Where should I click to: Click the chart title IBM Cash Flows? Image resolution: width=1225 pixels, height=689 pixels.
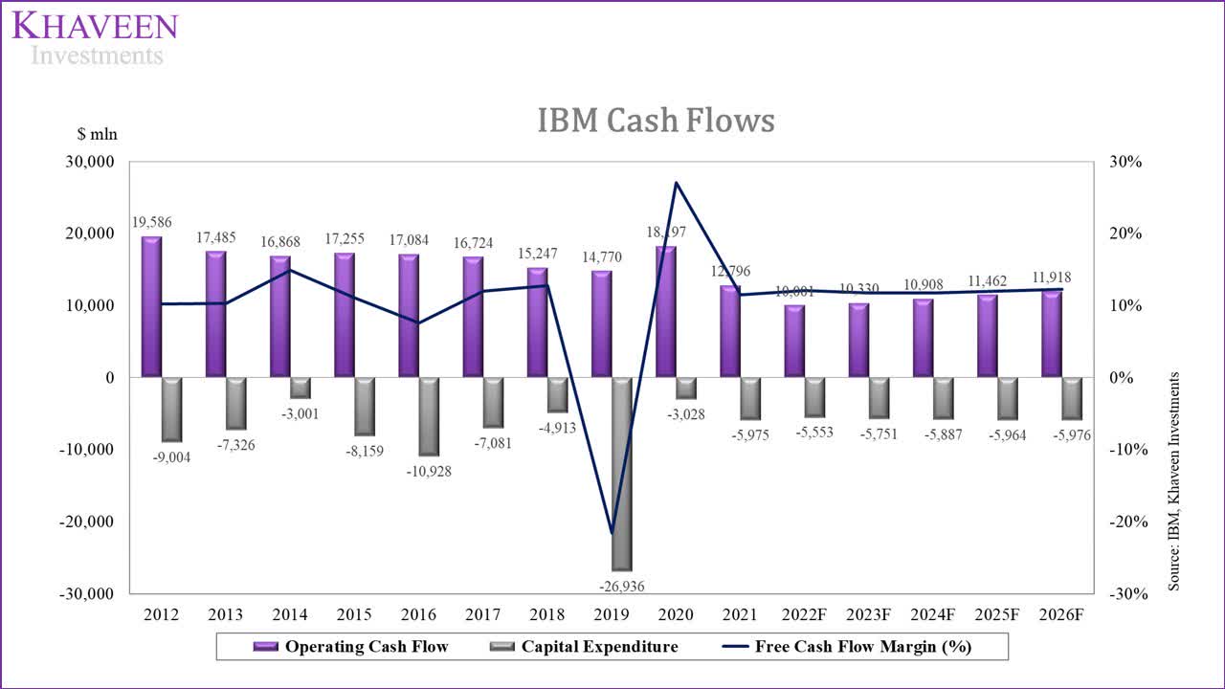point(656,121)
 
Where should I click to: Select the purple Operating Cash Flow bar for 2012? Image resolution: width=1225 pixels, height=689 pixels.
point(151,306)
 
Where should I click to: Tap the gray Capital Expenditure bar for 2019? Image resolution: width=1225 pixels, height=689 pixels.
point(621,474)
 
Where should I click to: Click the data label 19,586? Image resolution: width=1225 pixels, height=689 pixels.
point(151,222)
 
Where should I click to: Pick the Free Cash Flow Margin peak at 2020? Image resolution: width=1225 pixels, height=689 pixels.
point(677,183)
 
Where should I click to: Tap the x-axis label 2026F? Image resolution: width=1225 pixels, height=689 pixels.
point(1060,614)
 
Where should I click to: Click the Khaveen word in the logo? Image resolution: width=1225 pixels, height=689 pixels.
point(95,26)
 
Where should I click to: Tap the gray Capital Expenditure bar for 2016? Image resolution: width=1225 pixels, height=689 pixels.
point(428,416)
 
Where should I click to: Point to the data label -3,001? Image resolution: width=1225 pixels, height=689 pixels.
point(300,413)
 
